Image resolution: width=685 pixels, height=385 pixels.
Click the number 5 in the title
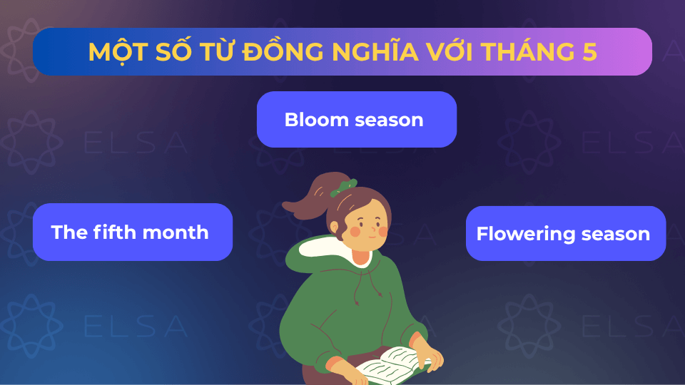(589, 52)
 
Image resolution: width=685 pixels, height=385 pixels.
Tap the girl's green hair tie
(346, 188)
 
